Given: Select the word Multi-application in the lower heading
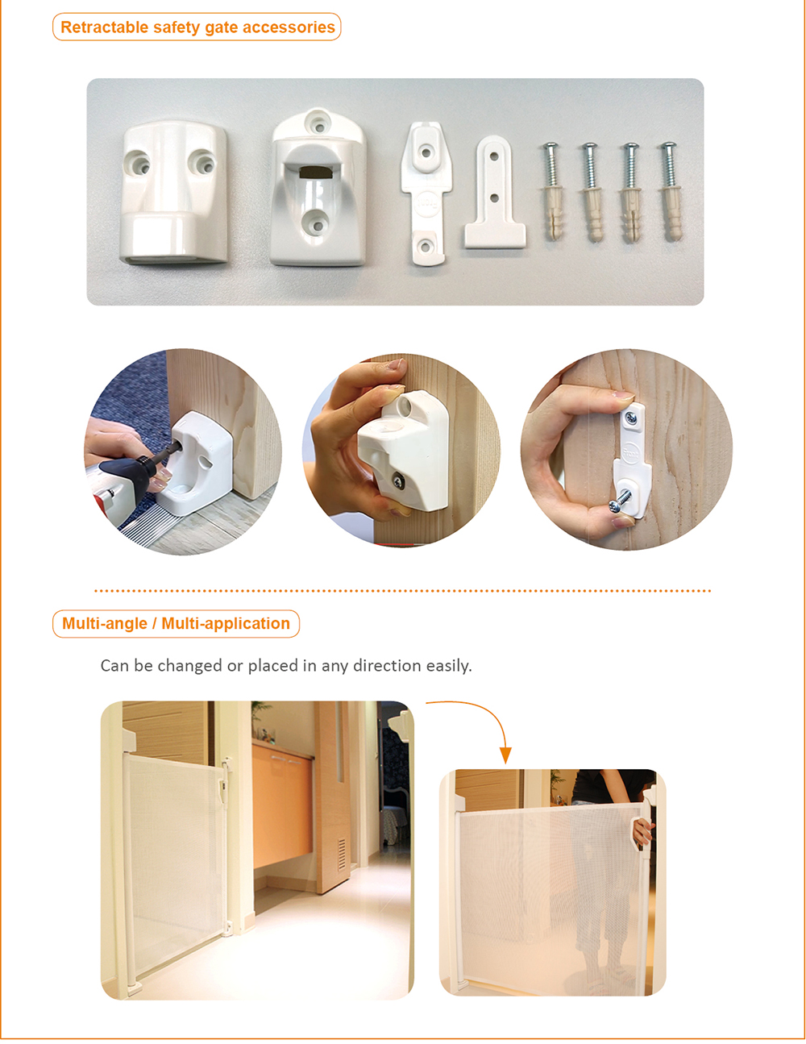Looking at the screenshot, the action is click(x=226, y=623).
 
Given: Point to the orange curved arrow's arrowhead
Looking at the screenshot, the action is click(x=505, y=755).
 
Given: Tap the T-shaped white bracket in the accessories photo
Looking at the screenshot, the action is click(x=495, y=192).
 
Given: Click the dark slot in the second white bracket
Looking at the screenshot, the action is click(x=314, y=172).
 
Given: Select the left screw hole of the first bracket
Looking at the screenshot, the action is click(x=138, y=164).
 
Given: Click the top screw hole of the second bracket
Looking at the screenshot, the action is click(x=318, y=122).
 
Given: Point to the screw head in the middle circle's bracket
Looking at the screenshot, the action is click(x=397, y=479).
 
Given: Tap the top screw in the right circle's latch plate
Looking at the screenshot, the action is click(x=632, y=418).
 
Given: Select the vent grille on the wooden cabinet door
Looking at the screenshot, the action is click(x=342, y=855).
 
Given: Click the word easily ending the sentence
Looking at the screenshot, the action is click(x=449, y=666).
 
